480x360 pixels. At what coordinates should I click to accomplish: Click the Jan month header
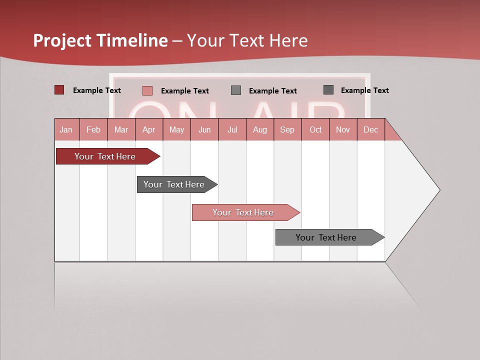click(66, 129)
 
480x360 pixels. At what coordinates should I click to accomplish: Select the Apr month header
click(149, 129)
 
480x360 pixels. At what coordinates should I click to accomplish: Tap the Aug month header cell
click(260, 129)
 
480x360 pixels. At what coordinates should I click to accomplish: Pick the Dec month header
click(370, 129)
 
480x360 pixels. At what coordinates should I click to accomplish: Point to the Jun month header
click(204, 129)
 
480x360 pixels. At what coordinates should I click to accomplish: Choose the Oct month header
click(315, 129)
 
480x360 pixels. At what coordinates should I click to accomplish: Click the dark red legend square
click(59, 90)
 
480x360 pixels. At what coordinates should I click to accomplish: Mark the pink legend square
click(147, 90)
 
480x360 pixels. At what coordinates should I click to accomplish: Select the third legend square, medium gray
click(236, 90)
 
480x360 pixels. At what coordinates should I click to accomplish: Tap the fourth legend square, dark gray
click(328, 90)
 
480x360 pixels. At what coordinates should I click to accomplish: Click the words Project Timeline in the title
click(100, 40)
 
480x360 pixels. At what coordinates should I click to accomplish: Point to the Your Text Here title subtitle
click(247, 40)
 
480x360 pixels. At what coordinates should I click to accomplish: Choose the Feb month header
click(93, 129)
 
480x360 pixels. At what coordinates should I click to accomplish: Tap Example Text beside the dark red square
click(97, 90)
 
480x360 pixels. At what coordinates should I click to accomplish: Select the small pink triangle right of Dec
click(391, 132)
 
